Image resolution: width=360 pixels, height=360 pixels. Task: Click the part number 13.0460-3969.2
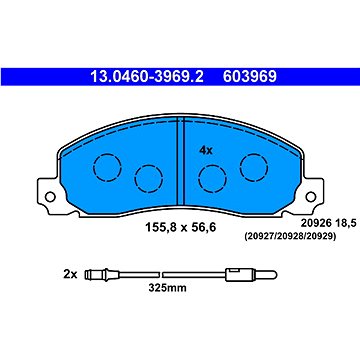coord(147,77)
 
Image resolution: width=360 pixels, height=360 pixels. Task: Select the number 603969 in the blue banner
coord(250,77)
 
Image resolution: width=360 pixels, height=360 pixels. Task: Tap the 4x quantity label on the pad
coord(206,151)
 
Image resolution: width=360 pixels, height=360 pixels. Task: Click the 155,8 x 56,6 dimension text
coord(180,227)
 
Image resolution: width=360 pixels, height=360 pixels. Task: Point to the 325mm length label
coord(167,288)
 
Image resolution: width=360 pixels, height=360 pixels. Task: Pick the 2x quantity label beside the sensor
coord(70,275)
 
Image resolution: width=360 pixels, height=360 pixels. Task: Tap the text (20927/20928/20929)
coord(289,237)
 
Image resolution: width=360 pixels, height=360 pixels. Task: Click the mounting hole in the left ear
coord(50,197)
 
